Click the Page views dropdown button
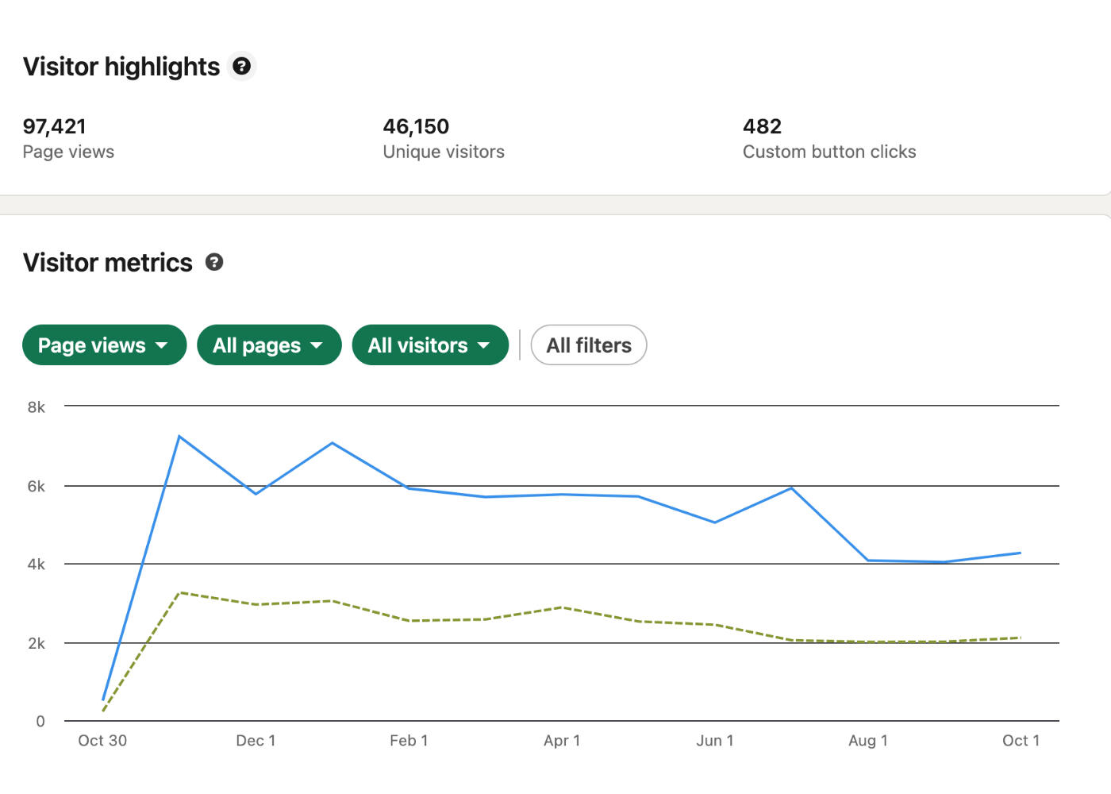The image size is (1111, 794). (104, 345)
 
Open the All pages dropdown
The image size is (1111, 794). (269, 345)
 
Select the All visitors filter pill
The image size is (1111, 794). (429, 345)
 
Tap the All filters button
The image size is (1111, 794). (588, 345)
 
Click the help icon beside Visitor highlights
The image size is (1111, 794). (242, 66)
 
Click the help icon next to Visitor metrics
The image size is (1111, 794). (214, 262)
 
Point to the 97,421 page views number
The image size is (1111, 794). (54, 126)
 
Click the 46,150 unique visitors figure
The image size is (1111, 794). (416, 126)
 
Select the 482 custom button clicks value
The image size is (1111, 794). (762, 126)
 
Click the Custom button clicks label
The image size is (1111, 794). (829, 152)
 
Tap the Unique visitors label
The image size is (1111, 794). (444, 152)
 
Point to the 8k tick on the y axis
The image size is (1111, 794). (37, 407)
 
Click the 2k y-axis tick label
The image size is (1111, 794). (37, 643)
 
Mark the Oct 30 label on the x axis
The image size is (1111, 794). (102, 741)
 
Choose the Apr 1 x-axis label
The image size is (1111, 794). (562, 741)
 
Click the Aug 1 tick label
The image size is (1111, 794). (867, 741)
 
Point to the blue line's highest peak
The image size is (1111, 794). (179, 436)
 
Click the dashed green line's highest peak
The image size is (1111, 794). (180, 592)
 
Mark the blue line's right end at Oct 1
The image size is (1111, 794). (1020, 553)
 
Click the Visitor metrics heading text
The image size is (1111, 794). (108, 263)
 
